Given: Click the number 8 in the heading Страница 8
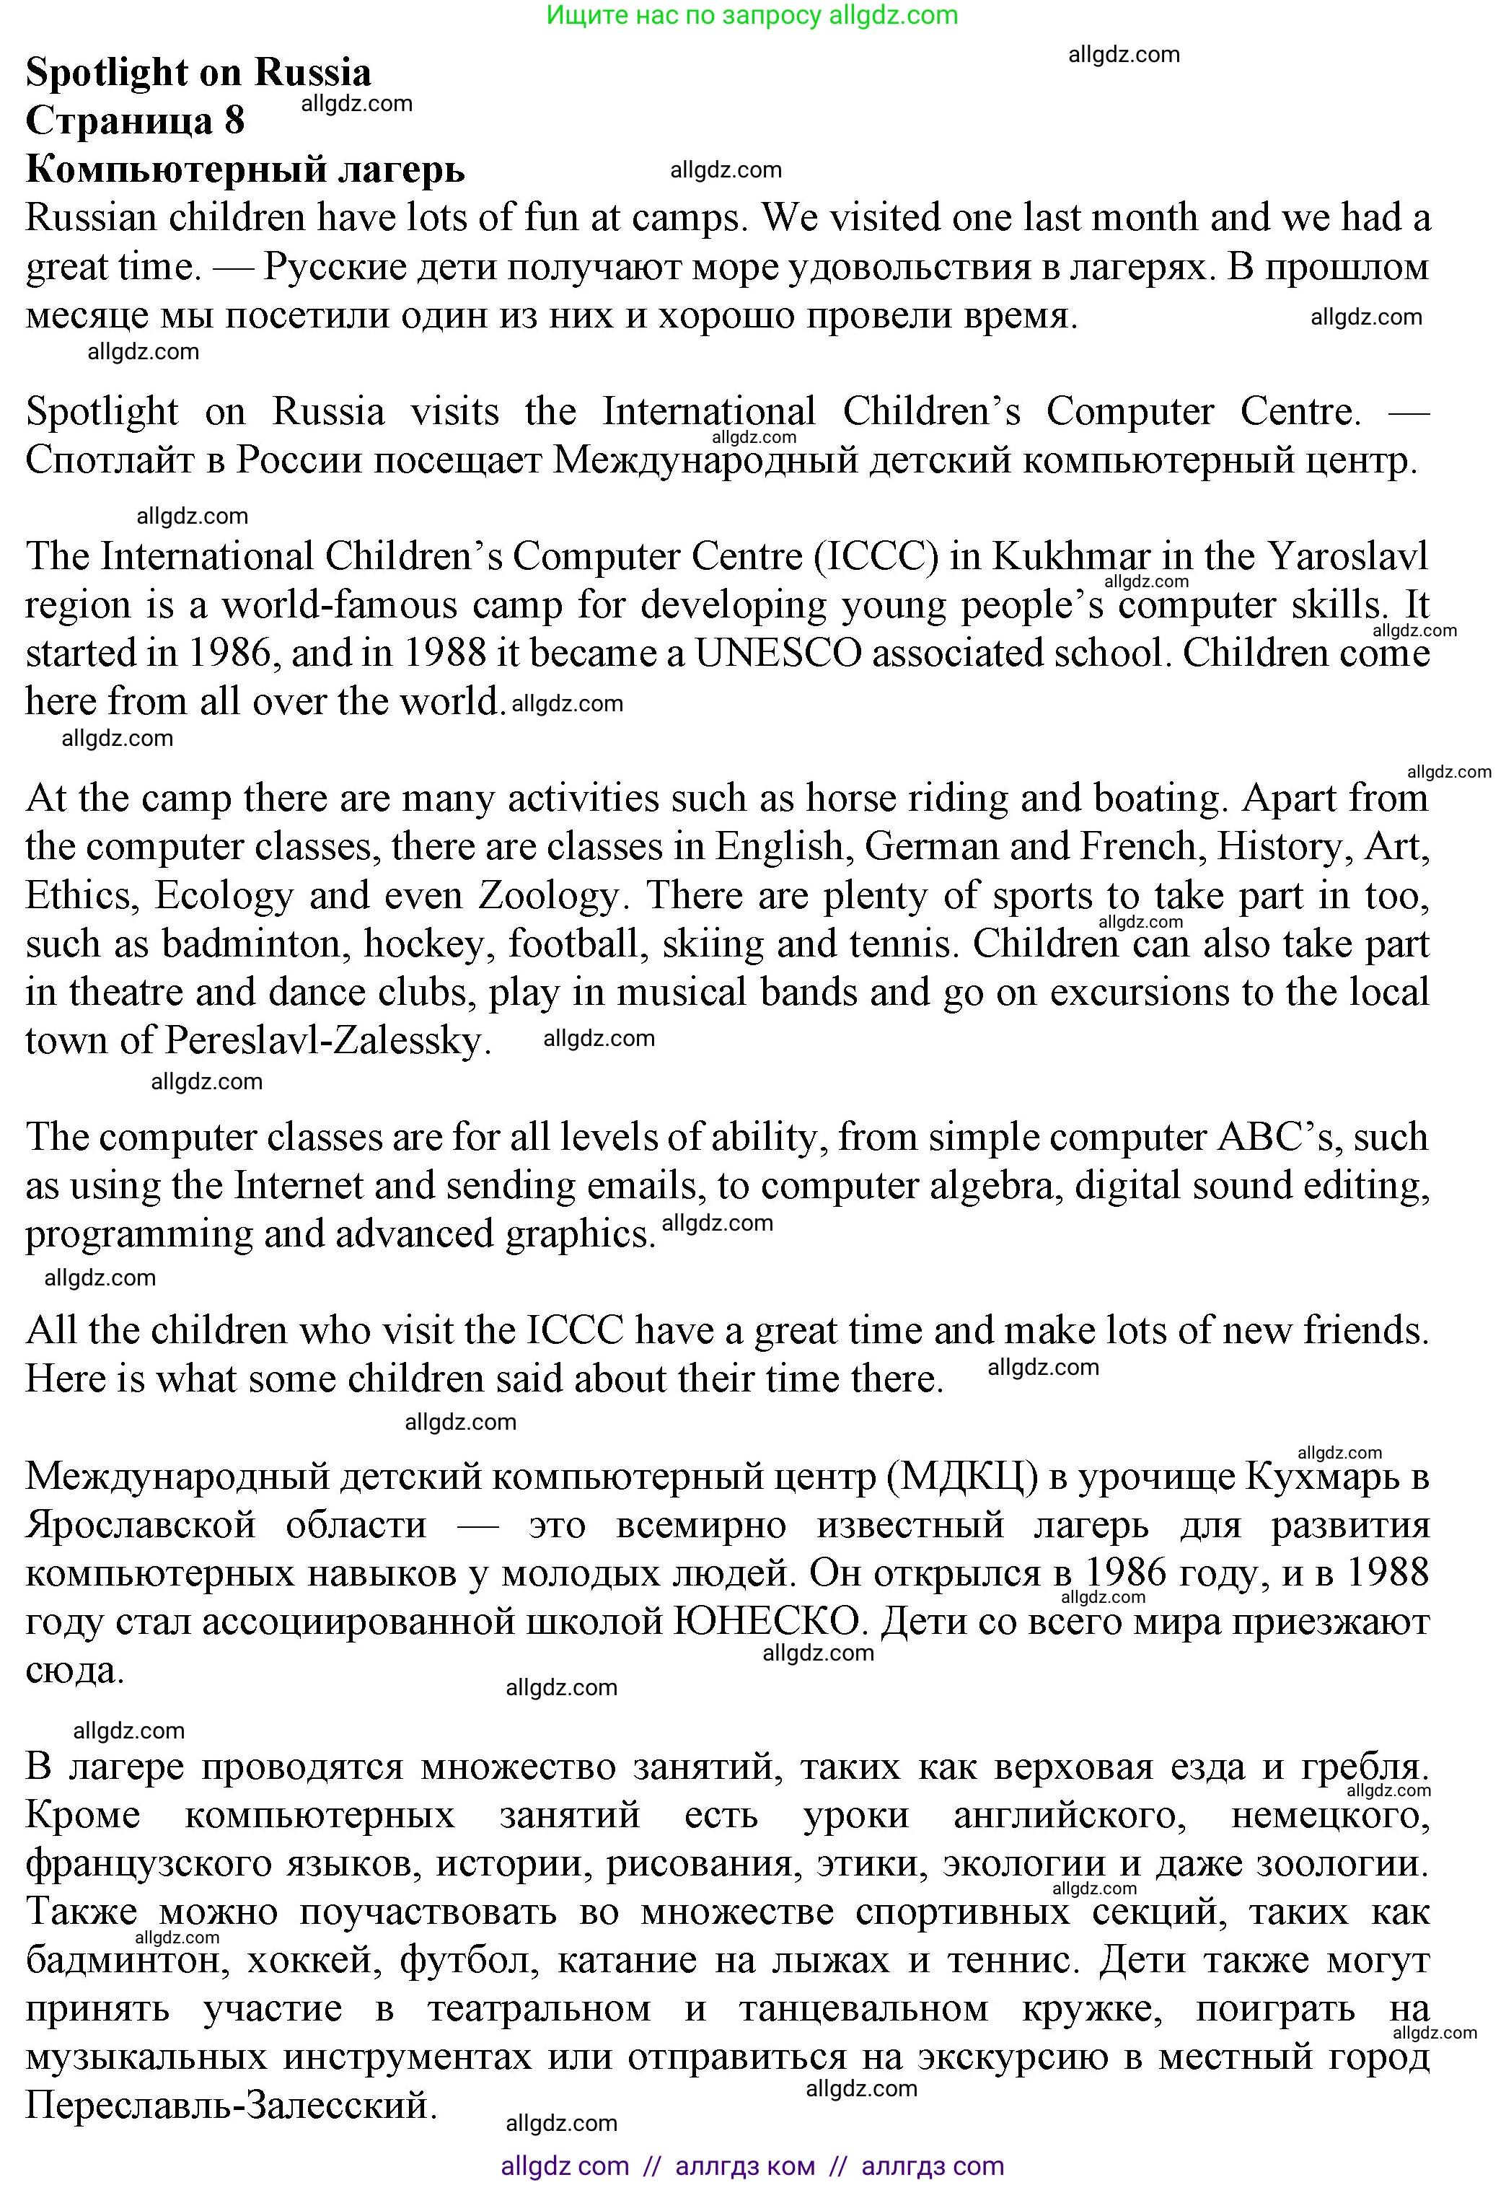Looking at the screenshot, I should [x=234, y=120].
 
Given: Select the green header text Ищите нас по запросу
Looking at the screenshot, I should [x=684, y=15].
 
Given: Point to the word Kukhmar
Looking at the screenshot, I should [x=1071, y=556].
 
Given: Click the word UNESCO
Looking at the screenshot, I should [x=778, y=653].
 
